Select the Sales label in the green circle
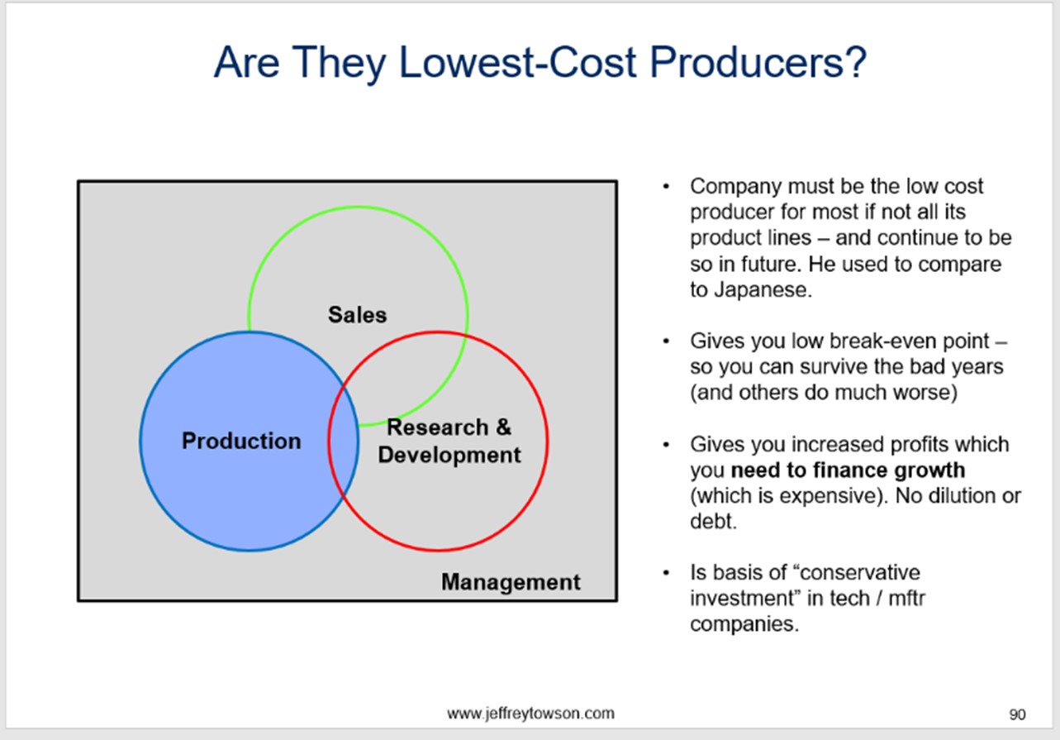pyautogui.click(x=357, y=315)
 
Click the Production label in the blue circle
pyautogui.click(x=241, y=441)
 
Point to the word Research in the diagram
pyautogui.click(x=438, y=427)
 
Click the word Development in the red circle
pyautogui.click(x=449, y=455)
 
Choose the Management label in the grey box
pyautogui.click(x=511, y=582)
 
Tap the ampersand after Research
pyautogui.click(x=503, y=427)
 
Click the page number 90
pyautogui.click(x=1017, y=714)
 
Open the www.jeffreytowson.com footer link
pyautogui.click(x=530, y=714)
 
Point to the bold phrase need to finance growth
pyautogui.click(x=848, y=470)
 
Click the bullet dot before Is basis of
pyautogui.click(x=666, y=573)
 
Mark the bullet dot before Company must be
pyautogui.click(x=666, y=187)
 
